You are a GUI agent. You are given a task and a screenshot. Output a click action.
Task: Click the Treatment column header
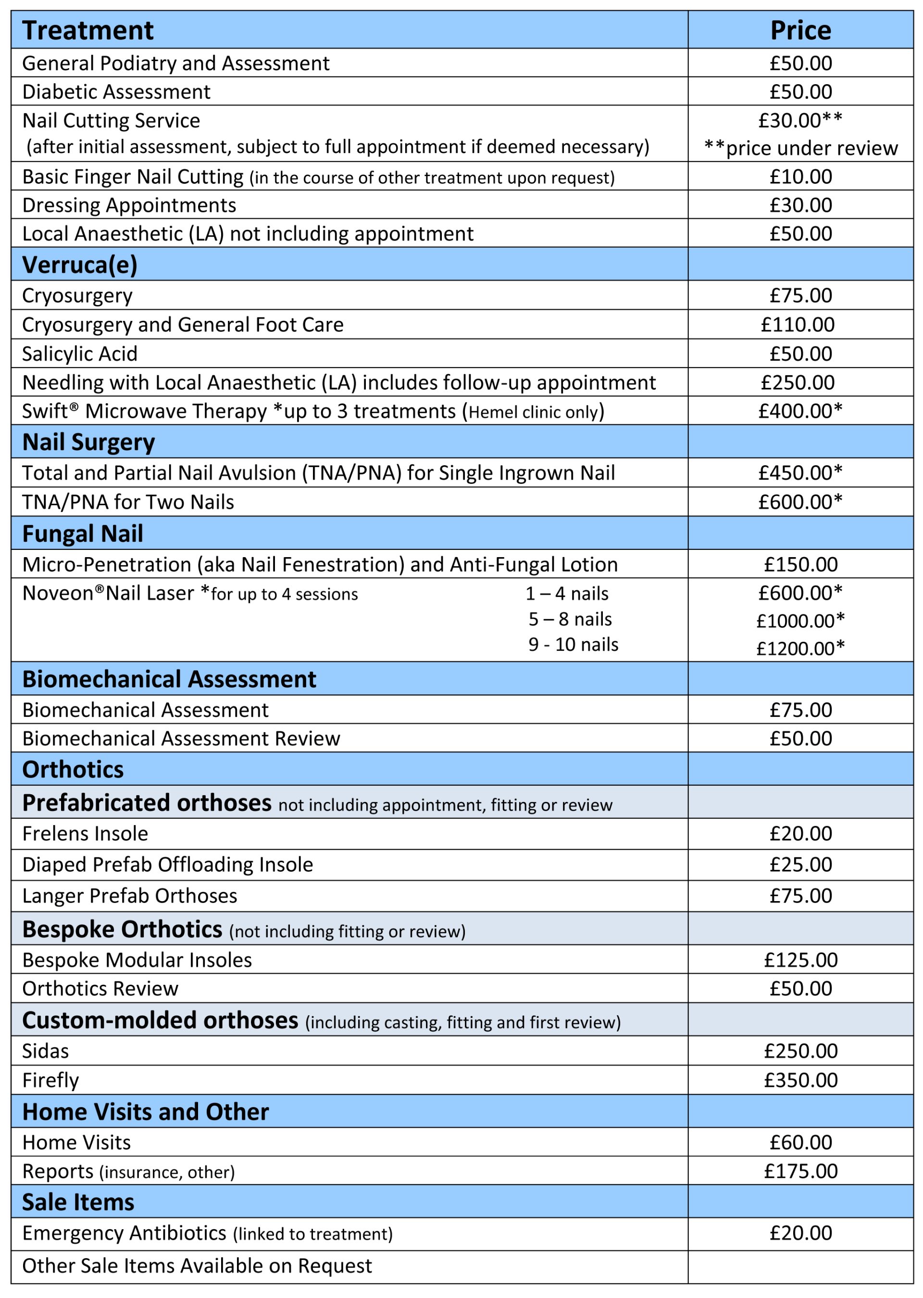point(87,30)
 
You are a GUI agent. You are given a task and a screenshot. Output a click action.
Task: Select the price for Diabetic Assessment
point(800,91)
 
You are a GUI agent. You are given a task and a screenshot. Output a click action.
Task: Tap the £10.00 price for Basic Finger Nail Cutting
point(800,177)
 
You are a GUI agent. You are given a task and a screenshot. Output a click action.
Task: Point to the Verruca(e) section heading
point(80,265)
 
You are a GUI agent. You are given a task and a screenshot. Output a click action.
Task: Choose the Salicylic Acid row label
point(80,354)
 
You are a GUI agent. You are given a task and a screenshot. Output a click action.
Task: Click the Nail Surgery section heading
point(88,443)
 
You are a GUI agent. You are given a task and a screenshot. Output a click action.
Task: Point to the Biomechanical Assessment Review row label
point(181,738)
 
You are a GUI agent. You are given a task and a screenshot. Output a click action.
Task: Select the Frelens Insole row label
point(85,834)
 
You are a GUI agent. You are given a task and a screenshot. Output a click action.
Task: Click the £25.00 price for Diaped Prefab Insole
point(800,865)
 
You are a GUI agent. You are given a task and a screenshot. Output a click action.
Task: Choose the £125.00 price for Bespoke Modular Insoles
point(800,960)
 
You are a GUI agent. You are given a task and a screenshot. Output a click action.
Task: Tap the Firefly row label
point(50,1080)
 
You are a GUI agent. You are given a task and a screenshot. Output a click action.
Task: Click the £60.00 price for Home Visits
point(800,1142)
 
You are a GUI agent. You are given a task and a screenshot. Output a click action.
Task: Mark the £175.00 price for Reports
point(800,1171)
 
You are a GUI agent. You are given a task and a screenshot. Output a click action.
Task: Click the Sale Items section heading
point(78,1202)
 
